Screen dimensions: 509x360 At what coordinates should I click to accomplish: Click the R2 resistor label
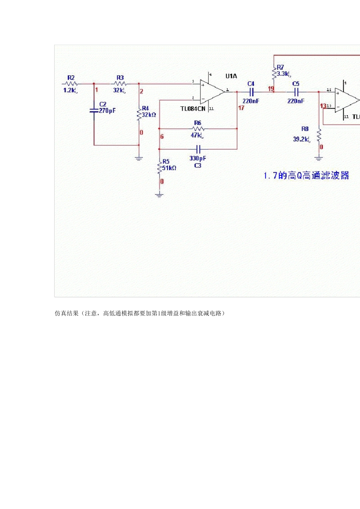(71, 78)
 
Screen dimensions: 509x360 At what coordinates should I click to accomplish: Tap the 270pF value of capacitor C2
(107, 111)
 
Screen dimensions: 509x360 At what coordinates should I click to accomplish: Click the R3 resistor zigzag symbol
(120, 84)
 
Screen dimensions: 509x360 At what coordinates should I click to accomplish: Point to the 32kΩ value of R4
(149, 115)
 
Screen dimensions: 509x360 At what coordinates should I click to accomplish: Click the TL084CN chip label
(193, 109)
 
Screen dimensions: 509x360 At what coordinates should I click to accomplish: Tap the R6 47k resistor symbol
(198, 129)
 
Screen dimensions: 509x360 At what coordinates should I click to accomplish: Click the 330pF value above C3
(197, 158)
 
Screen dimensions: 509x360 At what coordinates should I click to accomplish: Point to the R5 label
(166, 162)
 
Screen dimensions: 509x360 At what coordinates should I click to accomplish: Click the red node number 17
(241, 108)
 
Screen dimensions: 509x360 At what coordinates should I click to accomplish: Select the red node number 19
(271, 89)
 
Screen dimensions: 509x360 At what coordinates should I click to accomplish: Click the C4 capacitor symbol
(251, 92)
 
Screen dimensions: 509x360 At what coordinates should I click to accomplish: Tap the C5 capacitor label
(296, 84)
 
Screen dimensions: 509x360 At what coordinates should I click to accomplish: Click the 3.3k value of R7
(283, 74)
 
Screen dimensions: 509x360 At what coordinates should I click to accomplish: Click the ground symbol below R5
(159, 195)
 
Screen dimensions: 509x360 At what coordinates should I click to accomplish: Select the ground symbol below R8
(319, 158)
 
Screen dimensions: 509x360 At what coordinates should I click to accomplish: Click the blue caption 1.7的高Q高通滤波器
(306, 176)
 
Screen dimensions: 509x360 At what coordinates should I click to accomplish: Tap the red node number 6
(162, 137)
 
